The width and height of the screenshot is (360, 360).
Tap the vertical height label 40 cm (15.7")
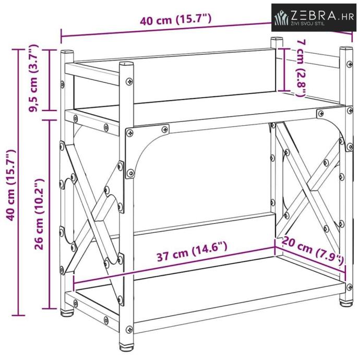click(x=11, y=185)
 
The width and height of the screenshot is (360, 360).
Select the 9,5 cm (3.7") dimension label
click(x=34, y=78)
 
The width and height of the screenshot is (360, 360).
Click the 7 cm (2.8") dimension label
click(x=301, y=68)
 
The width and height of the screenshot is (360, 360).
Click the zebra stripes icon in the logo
click(x=282, y=17)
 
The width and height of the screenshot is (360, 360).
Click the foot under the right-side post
click(x=346, y=303)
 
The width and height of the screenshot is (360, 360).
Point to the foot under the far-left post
click(x=67, y=313)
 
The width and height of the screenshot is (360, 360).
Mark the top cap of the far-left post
click(x=67, y=52)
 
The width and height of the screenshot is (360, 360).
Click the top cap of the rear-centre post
click(x=277, y=39)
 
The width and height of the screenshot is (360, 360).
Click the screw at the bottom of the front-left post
click(x=129, y=329)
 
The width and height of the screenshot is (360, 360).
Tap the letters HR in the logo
click(x=347, y=17)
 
